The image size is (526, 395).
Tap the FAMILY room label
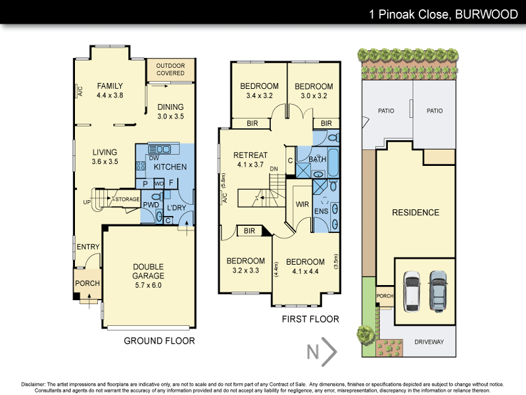coord(110,86)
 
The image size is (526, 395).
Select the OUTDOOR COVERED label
coord(170,69)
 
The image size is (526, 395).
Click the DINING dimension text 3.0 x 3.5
coord(170,117)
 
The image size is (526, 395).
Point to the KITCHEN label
coord(170,167)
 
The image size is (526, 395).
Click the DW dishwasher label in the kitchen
coord(153,158)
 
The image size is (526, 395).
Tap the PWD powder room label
coord(152,205)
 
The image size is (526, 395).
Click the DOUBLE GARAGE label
coord(147,271)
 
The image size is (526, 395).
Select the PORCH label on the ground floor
coord(88,284)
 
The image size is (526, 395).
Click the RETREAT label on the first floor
coord(249,155)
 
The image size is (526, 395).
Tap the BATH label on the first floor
coord(318,159)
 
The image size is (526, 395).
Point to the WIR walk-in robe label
coord(302,205)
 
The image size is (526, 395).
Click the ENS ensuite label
coord(321,211)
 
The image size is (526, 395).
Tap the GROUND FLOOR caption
coord(159,341)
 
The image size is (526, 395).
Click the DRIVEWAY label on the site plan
coord(429,342)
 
